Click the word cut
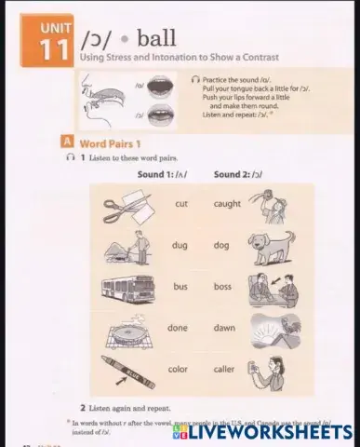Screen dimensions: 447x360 (181, 203)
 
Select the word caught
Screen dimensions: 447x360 (227, 203)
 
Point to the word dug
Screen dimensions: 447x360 (180, 246)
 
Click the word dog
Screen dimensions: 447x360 (221, 246)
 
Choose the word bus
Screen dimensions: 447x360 (180, 287)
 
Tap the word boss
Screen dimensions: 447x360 (222, 287)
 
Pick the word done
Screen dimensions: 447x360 (178, 328)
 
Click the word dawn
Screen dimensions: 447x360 (224, 328)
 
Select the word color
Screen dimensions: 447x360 (178, 369)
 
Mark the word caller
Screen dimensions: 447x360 (225, 369)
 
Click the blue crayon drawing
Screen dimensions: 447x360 (124, 370)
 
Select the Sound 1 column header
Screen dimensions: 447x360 (162, 174)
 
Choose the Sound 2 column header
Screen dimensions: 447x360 (238, 174)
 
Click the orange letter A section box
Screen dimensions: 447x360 (67, 142)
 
